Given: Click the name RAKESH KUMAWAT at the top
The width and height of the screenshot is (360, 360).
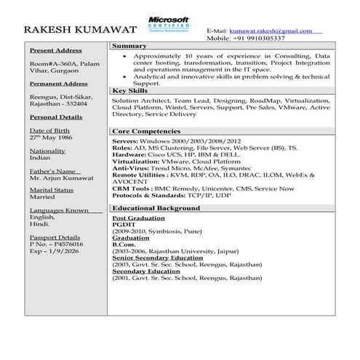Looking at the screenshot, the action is point(81,31).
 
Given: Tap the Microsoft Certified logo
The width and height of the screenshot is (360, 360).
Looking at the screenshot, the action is point(168,24).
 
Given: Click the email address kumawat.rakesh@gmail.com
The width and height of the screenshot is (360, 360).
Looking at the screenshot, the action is point(270,31).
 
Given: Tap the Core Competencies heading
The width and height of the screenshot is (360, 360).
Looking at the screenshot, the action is point(151,131).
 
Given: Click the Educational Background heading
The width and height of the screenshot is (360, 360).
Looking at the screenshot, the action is point(156,208).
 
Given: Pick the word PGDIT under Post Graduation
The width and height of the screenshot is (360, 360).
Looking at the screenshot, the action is point(124,225).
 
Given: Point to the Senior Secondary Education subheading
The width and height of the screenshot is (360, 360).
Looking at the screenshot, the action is point(158,258).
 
